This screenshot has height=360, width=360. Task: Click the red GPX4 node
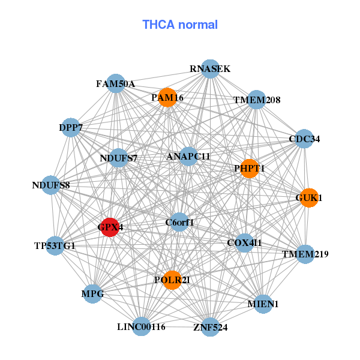click(109, 227)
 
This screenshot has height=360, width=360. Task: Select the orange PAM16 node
click(167, 97)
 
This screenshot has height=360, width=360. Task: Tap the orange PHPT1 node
click(249, 169)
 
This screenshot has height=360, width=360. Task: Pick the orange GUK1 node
click(308, 197)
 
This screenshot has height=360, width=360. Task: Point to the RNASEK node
click(210, 69)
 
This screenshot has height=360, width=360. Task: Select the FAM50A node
click(116, 84)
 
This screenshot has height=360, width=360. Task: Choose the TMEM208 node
click(257, 100)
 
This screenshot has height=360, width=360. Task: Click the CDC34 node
click(304, 139)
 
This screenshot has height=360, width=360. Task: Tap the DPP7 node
click(71, 127)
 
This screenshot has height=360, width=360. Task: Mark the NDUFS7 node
click(119, 158)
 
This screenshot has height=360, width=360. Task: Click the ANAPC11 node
click(188, 157)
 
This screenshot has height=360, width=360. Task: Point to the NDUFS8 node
click(51, 185)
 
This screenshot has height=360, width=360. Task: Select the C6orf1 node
click(179, 223)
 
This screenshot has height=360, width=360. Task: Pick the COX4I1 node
click(244, 242)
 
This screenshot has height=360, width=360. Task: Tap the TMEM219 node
click(305, 254)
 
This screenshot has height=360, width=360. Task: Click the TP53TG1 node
click(55, 245)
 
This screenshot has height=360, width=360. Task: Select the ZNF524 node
click(210, 327)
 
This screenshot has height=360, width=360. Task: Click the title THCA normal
click(180, 25)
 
